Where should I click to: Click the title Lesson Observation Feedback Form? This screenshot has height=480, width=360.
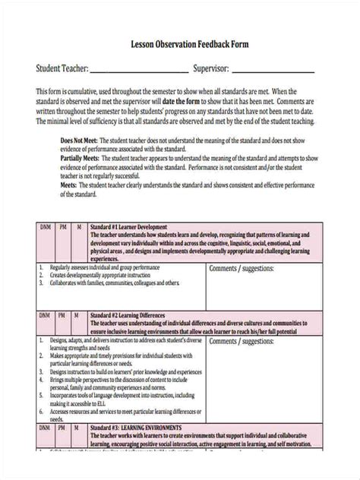[x=179, y=45]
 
